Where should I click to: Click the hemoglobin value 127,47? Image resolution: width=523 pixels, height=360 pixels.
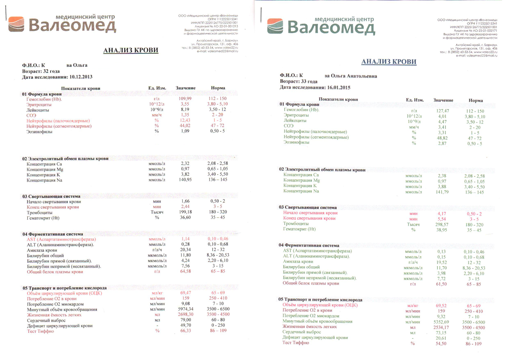click(x=442, y=111)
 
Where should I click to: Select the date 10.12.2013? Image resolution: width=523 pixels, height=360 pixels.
click(x=81, y=77)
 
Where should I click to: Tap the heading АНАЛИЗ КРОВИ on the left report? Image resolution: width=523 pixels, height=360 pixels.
click(x=130, y=51)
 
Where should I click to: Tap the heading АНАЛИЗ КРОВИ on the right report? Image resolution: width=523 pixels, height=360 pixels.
click(x=389, y=62)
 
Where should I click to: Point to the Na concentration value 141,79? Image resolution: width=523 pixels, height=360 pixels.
click(x=442, y=191)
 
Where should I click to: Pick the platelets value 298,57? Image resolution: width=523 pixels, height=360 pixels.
click(x=442, y=224)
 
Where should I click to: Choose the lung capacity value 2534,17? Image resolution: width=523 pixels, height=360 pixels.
click(x=442, y=327)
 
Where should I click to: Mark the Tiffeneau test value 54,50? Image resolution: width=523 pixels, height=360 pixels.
click(x=442, y=343)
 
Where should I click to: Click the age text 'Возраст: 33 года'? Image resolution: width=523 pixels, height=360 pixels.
click(x=299, y=81)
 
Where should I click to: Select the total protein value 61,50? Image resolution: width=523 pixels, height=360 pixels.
click(x=442, y=284)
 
